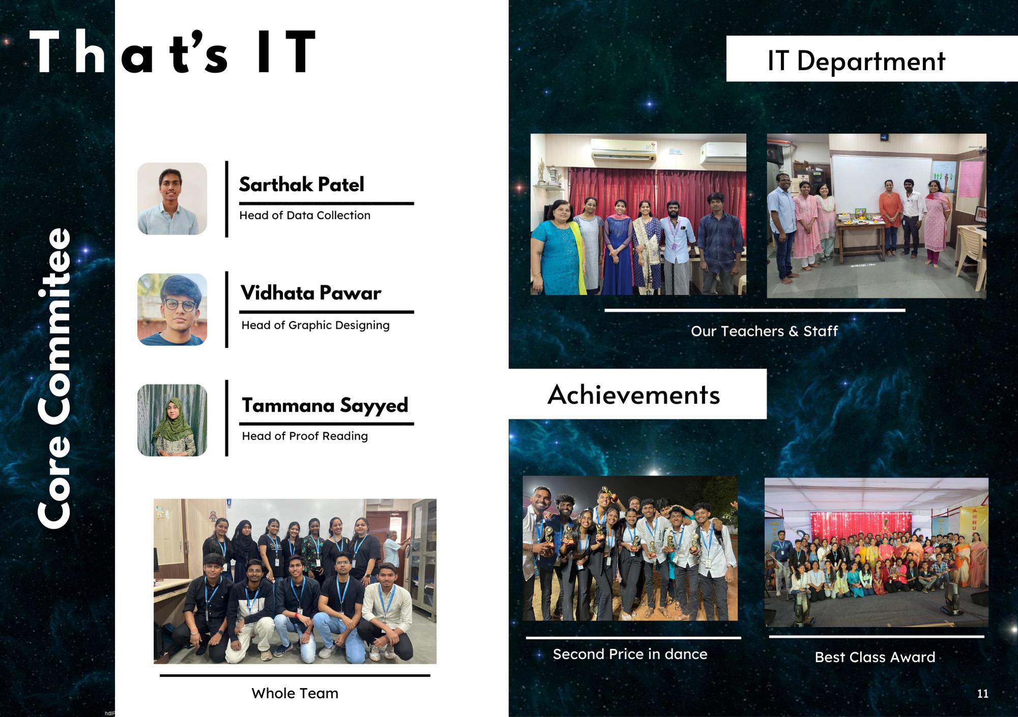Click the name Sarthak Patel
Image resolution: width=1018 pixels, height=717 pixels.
coord(301,184)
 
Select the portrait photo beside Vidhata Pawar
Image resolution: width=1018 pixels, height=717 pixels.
coord(172,309)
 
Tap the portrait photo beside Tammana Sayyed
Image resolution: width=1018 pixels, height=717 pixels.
coord(172,420)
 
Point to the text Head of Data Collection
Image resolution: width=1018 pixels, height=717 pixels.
coord(304,215)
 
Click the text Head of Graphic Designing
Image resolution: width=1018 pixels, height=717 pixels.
coord(315,325)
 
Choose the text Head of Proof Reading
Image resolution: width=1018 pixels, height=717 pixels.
coord(304,436)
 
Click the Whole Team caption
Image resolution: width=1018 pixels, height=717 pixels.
coord(295,693)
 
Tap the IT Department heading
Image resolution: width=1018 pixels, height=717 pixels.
coord(856,61)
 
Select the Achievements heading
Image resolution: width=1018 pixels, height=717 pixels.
coord(634,394)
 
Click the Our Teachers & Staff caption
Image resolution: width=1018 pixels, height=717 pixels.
coord(764,331)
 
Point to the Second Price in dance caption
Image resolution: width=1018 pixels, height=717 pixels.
coord(630,654)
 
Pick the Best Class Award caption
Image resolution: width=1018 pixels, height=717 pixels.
coord(875,657)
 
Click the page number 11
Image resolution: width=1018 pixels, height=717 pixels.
coord(982,694)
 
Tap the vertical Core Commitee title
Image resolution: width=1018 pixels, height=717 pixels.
coord(54,378)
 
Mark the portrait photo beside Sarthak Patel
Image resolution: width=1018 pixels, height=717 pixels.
coord(172,198)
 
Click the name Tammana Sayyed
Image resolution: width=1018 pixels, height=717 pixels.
coord(325,406)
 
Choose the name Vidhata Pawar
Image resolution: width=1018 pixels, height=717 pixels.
coord(310,293)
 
